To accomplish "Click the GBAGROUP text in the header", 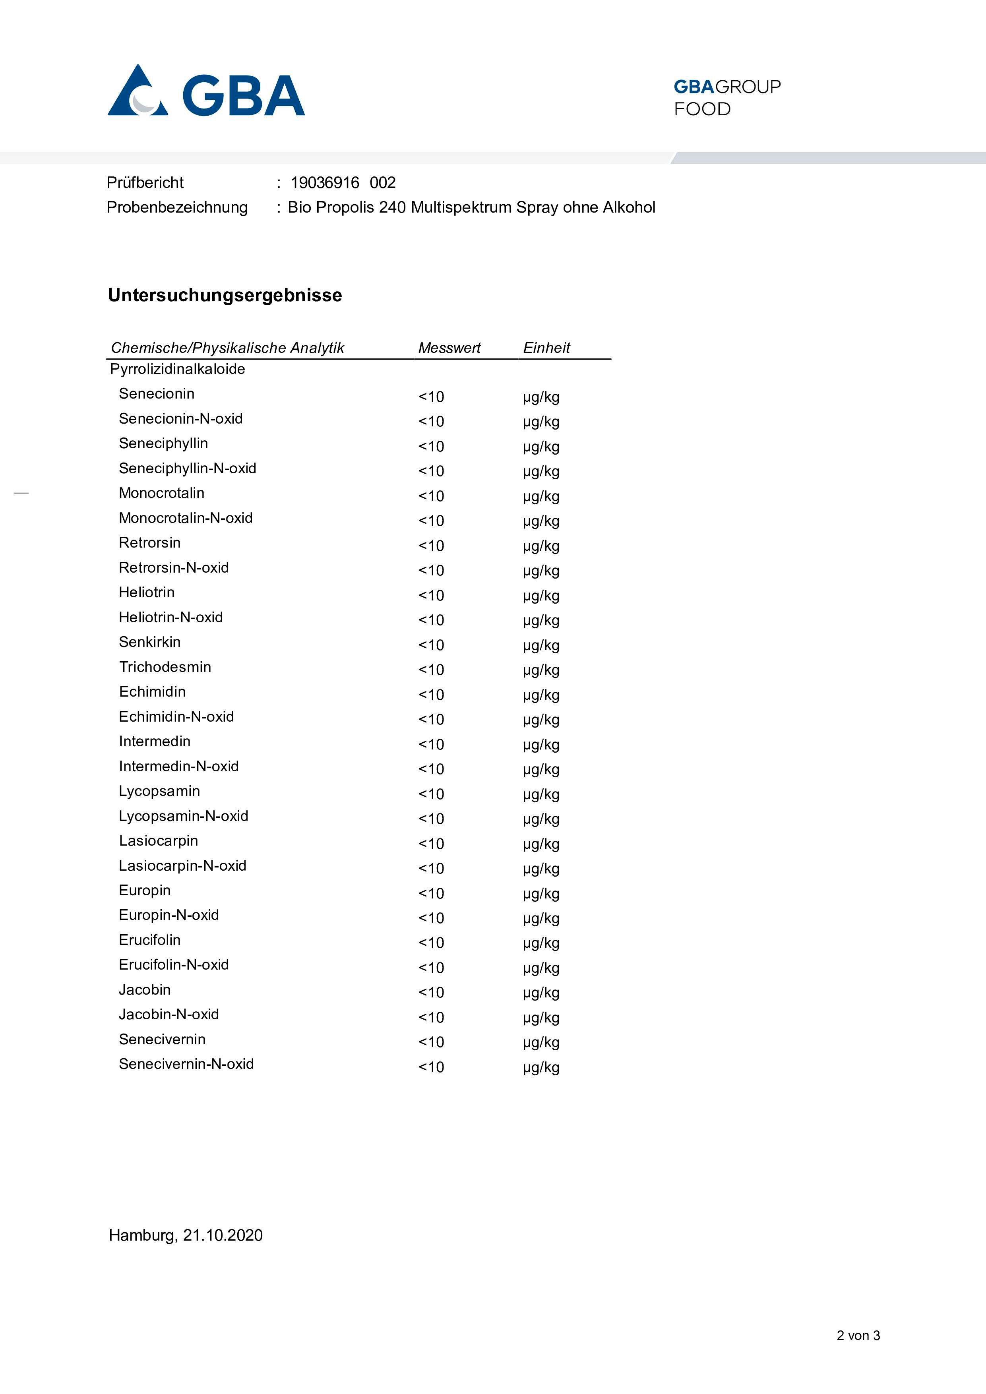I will coord(727,87).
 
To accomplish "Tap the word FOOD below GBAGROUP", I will coord(702,109).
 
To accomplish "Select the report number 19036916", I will coord(325,183).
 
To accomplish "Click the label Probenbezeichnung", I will coord(177,208).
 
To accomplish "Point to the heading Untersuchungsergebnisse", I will coord(225,295).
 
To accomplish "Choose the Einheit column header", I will coord(546,348).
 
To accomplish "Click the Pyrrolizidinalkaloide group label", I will coord(177,369).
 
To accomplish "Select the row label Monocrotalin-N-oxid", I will coord(185,518).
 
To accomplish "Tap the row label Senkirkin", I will coord(149,642).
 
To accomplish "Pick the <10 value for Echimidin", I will coord(431,695).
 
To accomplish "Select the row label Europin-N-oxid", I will coord(169,915).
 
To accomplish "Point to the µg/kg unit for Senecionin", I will coord(540,397).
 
